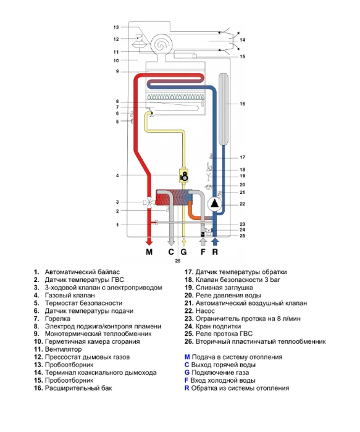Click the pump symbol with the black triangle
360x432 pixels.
[x=215, y=204]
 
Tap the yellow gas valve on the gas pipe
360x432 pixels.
[x=184, y=175]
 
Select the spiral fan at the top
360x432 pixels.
[x=162, y=44]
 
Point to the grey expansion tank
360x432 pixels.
[x=224, y=109]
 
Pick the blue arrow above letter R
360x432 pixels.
[x=215, y=242]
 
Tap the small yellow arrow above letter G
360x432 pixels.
[x=184, y=242]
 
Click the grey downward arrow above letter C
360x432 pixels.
[x=171, y=242]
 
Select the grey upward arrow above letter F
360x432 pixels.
[x=203, y=242]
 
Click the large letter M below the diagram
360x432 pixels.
[x=149, y=252]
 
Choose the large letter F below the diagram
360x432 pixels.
[x=203, y=252]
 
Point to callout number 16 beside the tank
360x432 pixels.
[x=242, y=104]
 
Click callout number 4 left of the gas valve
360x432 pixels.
[x=117, y=175]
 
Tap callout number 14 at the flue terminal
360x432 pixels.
[x=242, y=40]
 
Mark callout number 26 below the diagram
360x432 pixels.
[x=178, y=260]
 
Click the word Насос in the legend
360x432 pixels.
[x=205, y=311]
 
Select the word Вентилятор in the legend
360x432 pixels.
[x=63, y=349]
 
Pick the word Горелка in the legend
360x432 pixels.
[x=57, y=318]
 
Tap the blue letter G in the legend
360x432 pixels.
[x=187, y=373]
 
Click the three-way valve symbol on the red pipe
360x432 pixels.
[x=149, y=203]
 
